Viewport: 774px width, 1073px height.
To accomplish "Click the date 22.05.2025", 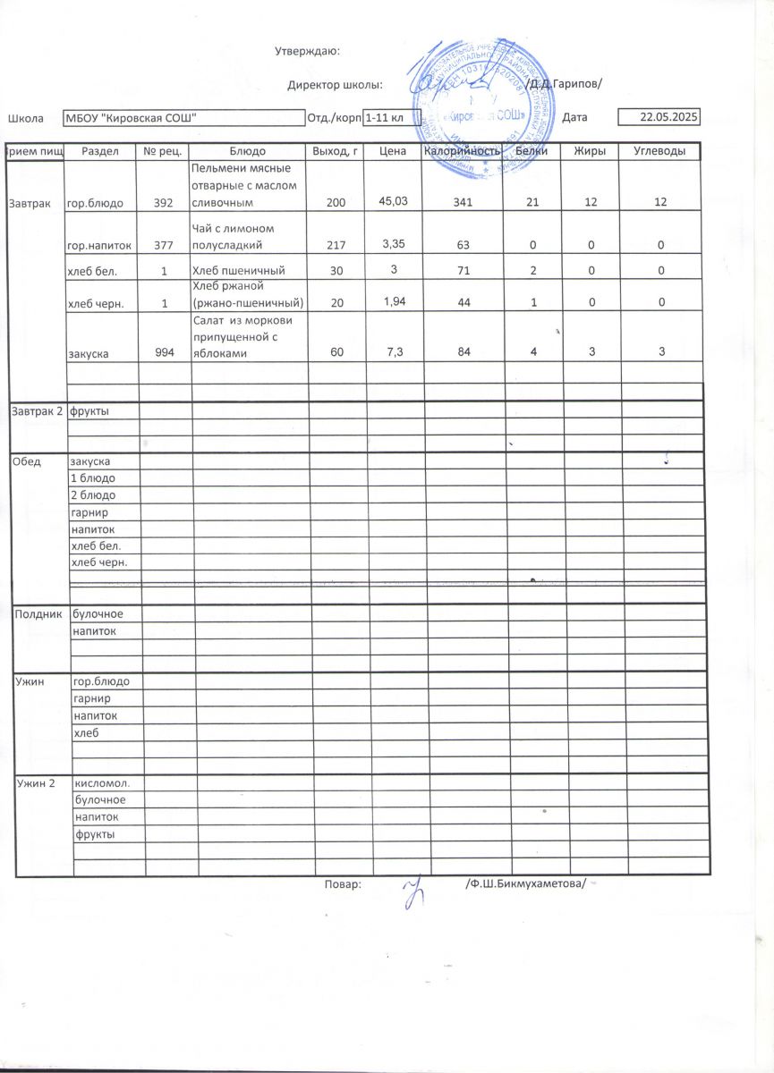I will pyautogui.click(x=670, y=117).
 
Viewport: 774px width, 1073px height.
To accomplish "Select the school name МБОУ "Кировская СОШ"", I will pyautogui.click(x=132, y=117).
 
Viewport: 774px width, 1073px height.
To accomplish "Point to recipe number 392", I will pyautogui.click(x=164, y=204).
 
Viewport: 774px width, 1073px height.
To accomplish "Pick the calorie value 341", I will pyautogui.click(x=464, y=203).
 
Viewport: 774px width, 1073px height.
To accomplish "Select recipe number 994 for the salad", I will pyautogui.click(x=165, y=353).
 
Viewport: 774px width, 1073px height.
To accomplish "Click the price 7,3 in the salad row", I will pyautogui.click(x=393, y=353).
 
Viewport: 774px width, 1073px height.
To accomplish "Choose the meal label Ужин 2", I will pyautogui.click(x=36, y=783).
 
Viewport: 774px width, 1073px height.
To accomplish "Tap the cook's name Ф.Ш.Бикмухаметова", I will pyautogui.click(x=526, y=883).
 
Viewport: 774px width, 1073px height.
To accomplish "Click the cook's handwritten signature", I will pyautogui.click(x=413, y=891).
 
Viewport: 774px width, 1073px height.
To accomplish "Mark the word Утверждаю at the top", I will pyautogui.click(x=306, y=51).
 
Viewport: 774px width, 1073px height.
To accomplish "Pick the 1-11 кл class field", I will pyautogui.click(x=391, y=117).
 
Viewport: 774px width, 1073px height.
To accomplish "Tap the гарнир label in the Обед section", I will pyautogui.click(x=90, y=512).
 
